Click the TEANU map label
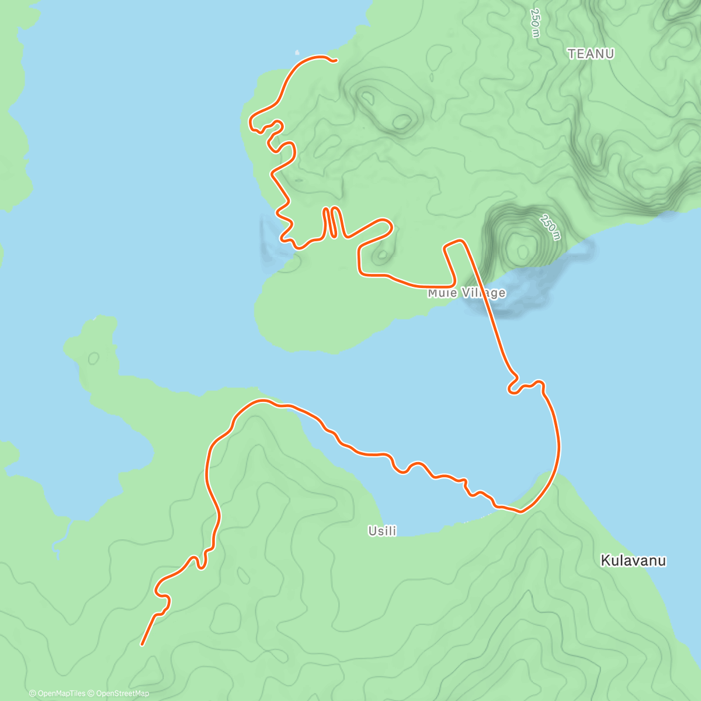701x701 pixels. (591, 54)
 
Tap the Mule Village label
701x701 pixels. (466, 293)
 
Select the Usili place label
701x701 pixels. (382, 530)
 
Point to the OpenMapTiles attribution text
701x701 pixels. (57, 693)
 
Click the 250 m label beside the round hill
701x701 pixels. (550, 227)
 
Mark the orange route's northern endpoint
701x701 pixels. (336, 60)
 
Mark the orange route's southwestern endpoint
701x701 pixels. (143, 644)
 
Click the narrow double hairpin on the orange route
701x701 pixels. (331, 222)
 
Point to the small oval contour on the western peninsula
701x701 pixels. (93, 358)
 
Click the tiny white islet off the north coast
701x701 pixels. (297, 51)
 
